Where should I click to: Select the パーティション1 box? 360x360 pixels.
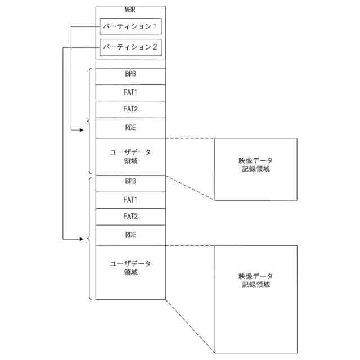click(x=130, y=26)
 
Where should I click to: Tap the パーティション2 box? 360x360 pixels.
click(x=130, y=48)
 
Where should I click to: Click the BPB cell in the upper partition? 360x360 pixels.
click(x=130, y=75)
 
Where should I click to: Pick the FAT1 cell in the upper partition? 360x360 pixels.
click(x=130, y=92)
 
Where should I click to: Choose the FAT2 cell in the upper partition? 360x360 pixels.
click(x=130, y=109)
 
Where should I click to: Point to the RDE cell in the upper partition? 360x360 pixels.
click(x=130, y=128)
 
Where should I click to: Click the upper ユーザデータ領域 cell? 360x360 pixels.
click(x=130, y=156)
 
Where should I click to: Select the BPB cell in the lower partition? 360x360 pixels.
click(x=130, y=182)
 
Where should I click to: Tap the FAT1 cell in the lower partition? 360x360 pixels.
click(x=130, y=199)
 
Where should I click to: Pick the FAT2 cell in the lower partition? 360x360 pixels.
click(x=130, y=216)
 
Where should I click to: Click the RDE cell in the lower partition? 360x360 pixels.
click(x=130, y=235)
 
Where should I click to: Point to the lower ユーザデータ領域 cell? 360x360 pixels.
click(x=130, y=268)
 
